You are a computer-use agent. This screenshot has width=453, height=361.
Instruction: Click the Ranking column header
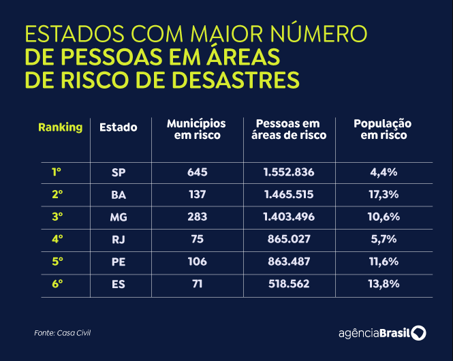pos(60,127)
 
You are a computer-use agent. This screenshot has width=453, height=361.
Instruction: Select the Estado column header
pos(119,127)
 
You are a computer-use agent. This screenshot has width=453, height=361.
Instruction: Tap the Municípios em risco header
pos(197,129)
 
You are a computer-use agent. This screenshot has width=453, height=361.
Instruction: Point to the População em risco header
pos(383,129)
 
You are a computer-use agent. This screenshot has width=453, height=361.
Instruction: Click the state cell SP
pos(119,172)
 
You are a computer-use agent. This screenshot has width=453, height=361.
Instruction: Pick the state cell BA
pos(119,195)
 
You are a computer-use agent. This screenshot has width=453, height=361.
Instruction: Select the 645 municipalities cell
pos(197,172)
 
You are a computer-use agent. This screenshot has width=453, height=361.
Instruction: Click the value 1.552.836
pos(289,172)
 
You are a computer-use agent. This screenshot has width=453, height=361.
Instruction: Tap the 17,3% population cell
pos(384,195)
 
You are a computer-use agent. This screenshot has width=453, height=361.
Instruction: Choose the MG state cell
pos(119,217)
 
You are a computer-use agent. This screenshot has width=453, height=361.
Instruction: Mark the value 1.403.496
pos(289,217)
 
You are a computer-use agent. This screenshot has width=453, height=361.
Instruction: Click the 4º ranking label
pos(57,239)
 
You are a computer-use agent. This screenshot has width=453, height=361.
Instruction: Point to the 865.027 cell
pos(289,239)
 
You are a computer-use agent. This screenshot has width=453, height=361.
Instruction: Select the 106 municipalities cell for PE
pos(197,262)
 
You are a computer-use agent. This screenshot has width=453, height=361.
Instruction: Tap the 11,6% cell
pos(384,262)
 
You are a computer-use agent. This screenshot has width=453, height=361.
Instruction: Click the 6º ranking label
pos(57,283)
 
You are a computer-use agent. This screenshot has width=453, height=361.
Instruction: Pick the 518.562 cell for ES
pos(289,284)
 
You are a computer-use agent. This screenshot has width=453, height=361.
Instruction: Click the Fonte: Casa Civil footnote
pos(62,332)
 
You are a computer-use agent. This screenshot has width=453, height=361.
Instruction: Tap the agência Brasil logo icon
pos(419,332)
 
